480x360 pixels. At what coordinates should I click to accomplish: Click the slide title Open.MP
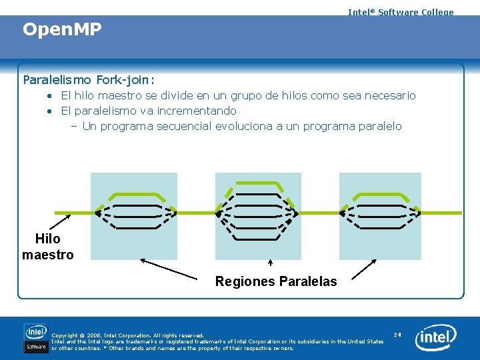pos(62,30)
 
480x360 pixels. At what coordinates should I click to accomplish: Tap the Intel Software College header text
pos(401,12)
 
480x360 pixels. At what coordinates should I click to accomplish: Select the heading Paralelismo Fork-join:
pos(89,80)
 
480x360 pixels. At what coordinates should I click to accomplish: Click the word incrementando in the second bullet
pos(199,111)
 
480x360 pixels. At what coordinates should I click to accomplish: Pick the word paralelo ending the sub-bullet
pos(380,126)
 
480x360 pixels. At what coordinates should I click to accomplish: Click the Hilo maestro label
pos(47,247)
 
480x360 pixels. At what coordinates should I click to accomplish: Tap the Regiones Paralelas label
pos(276,281)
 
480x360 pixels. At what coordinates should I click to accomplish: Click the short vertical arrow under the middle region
pos(270,264)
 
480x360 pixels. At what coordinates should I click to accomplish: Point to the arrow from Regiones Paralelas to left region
pos(169,268)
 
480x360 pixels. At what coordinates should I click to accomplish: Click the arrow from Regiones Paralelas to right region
pos(363,268)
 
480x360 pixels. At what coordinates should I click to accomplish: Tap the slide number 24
pos(397,335)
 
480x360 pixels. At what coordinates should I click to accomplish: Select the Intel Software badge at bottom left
pos(36,337)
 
